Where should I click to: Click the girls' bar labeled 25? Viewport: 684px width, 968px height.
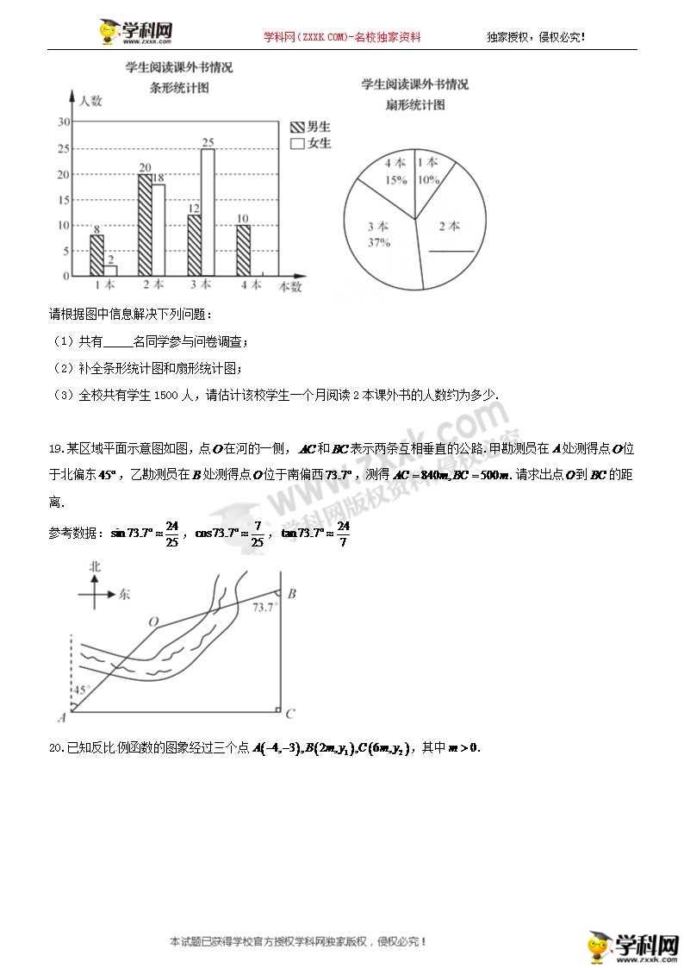coord(208,212)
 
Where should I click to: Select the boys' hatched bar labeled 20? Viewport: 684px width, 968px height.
coord(145,224)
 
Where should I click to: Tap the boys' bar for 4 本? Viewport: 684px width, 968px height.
coord(243,250)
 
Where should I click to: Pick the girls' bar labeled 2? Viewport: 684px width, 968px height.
coord(110,270)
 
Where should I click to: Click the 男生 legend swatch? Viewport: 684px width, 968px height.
coord(298,127)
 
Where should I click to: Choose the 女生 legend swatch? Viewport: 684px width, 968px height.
coord(298,144)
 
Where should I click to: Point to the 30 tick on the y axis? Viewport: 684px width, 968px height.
coord(64,122)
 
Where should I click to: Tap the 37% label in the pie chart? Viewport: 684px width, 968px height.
coord(378,243)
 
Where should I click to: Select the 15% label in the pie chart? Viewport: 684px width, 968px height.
coord(395,180)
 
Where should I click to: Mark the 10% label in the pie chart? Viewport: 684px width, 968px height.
coord(428,180)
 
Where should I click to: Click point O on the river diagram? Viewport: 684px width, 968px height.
coord(153,621)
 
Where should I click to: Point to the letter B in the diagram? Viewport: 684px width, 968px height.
coord(291,593)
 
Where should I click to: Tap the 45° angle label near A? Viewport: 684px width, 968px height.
coord(80,691)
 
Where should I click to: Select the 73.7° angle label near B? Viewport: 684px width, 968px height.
coord(264,608)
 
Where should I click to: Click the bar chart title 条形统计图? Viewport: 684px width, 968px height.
coord(179,87)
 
